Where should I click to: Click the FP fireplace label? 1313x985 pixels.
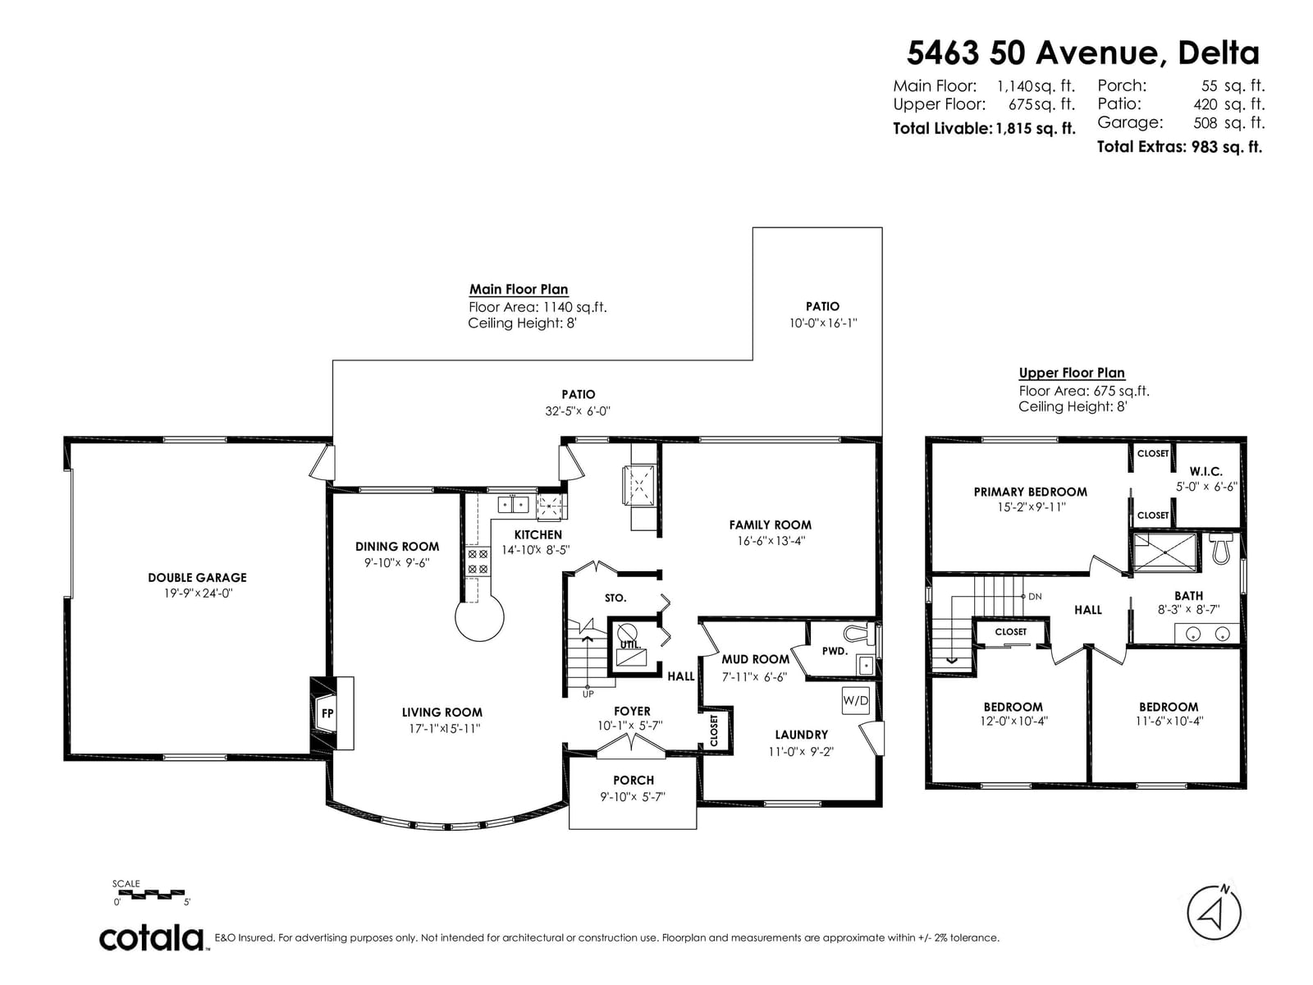click(327, 712)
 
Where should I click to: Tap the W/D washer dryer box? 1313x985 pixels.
click(855, 700)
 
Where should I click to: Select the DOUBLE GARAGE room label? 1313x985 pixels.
click(198, 578)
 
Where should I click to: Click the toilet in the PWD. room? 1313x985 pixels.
click(854, 634)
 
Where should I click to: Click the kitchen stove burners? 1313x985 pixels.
click(477, 561)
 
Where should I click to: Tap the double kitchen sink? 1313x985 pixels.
click(513, 504)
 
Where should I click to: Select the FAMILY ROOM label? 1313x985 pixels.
click(770, 525)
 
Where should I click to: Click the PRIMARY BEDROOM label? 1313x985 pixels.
click(1030, 492)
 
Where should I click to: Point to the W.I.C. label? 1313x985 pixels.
click(1205, 472)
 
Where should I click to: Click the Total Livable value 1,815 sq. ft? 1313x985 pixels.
click(1035, 129)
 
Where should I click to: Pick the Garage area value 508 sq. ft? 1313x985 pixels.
click(1228, 122)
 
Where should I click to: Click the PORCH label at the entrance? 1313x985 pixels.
click(634, 780)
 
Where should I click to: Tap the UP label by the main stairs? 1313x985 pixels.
click(588, 694)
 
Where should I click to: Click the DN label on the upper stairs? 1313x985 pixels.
click(1035, 596)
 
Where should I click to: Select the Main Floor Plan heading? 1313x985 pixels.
click(518, 290)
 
